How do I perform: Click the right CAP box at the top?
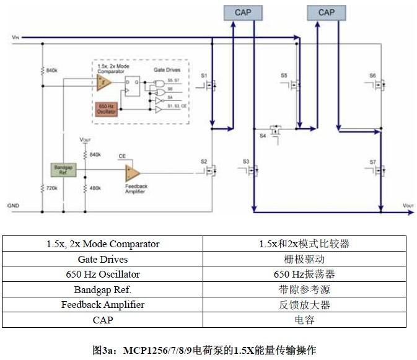[x=326, y=12]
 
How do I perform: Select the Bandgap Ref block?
[x=62, y=170]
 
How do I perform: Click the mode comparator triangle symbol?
[x=104, y=85]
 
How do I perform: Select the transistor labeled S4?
[x=276, y=131]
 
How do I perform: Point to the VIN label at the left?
[x=15, y=38]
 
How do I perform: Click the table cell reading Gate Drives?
[x=103, y=259]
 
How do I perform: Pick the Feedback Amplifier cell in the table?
[x=103, y=304]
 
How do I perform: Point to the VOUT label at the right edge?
[x=408, y=205]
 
